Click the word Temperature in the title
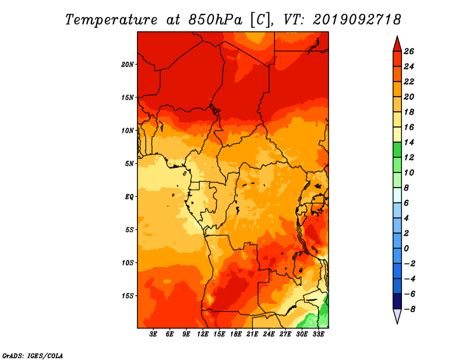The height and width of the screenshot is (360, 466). (111, 20)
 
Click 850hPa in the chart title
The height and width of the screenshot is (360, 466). (215, 20)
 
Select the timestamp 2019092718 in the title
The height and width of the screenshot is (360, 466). (356, 20)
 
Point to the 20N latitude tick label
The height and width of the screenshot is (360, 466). (128, 65)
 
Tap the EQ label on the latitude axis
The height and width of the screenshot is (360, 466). (129, 197)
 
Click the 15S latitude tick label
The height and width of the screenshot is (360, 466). (128, 296)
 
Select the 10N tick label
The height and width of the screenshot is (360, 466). (128, 130)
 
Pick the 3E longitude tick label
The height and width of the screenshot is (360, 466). (153, 334)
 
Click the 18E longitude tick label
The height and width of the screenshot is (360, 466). (236, 334)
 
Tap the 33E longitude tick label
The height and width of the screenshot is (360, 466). (318, 334)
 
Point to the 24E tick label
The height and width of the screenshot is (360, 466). (269, 334)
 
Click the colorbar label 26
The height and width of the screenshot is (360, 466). (409, 52)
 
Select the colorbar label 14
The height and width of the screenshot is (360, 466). (409, 143)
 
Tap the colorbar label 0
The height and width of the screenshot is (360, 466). (406, 249)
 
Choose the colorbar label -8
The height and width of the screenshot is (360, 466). (409, 309)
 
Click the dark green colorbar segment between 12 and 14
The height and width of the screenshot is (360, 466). (397, 150)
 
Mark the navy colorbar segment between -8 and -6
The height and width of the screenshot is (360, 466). (397, 301)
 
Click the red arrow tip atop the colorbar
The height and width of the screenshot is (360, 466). (397, 37)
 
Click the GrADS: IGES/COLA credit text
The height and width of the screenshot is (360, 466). (33, 356)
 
